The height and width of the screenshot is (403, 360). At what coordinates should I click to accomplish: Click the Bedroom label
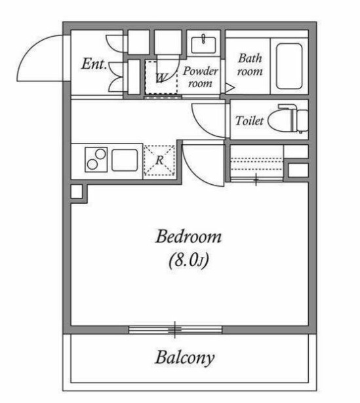pos(188,237)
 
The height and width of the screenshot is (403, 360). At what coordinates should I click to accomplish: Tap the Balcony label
pos(185,358)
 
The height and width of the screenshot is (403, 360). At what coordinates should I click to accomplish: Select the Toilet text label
pos(249,121)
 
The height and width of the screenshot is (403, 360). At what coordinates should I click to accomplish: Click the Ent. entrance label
pos(94,64)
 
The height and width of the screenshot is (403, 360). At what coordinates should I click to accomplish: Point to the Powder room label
pos(200,77)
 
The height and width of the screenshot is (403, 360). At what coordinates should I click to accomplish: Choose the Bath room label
pos(250,64)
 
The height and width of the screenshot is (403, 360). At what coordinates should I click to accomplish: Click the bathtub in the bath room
pos(289,66)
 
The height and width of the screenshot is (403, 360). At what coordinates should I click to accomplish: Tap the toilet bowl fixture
pos(288,119)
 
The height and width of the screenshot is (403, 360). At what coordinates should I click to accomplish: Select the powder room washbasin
pos(203,45)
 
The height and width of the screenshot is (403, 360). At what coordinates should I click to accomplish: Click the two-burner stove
pos(96,160)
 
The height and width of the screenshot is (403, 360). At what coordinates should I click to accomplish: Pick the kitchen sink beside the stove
pos(125,160)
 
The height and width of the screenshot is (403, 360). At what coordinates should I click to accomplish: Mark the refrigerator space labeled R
pos(159,161)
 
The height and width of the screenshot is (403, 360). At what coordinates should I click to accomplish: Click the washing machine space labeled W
pos(161,77)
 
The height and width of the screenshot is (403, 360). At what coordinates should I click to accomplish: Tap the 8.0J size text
pos(188,260)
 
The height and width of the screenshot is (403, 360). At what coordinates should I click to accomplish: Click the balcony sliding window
pos(175,330)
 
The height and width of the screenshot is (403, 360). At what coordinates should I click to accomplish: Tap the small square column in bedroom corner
pos(76,191)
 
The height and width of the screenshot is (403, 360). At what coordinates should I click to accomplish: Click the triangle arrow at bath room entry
pos(230,88)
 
